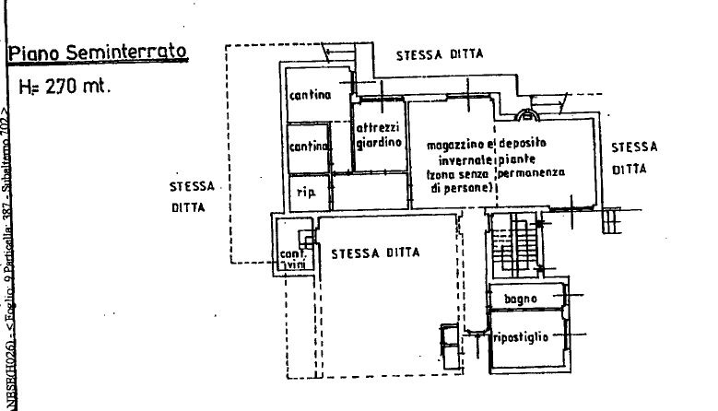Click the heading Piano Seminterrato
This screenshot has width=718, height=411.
click(x=99, y=53)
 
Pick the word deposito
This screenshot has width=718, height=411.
click(x=524, y=146)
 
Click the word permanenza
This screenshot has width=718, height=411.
click(x=531, y=172)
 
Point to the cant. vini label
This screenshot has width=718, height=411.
click(x=292, y=260)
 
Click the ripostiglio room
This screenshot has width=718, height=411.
click(x=522, y=337)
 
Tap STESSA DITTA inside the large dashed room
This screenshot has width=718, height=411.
click(x=376, y=252)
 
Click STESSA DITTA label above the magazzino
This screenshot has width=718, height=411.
click(x=440, y=55)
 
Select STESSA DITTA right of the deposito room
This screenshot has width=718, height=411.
click(x=634, y=158)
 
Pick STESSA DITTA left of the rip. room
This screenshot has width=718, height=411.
click(x=192, y=196)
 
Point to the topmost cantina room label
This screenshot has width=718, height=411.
click(x=310, y=95)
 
